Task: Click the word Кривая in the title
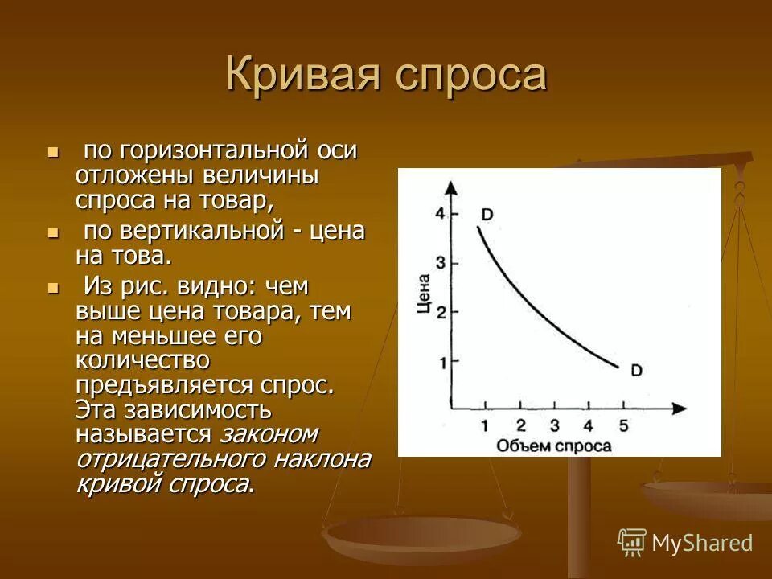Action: point(302,75)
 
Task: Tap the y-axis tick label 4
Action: point(439,213)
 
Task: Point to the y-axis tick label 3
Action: point(439,262)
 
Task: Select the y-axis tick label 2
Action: point(439,312)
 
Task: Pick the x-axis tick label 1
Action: point(485,426)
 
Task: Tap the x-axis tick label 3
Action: point(553,426)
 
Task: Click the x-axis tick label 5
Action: point(622,426)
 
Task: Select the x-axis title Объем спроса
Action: point(553,446)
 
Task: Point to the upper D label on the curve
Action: point(487,214)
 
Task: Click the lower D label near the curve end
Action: point(635,371)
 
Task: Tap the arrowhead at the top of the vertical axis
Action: point(451,186)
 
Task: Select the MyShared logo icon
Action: point(632,543)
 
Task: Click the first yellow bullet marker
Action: point(54,150)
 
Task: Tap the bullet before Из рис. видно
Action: point(54,287)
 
